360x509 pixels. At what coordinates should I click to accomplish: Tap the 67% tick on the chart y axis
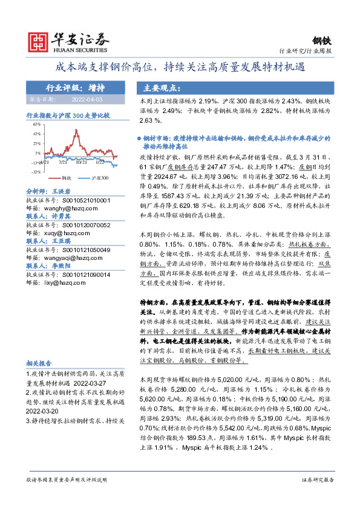point(36,125)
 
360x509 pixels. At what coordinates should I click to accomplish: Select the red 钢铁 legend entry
point(63,178)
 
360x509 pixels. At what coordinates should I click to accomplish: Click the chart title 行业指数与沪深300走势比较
point(68,115)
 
